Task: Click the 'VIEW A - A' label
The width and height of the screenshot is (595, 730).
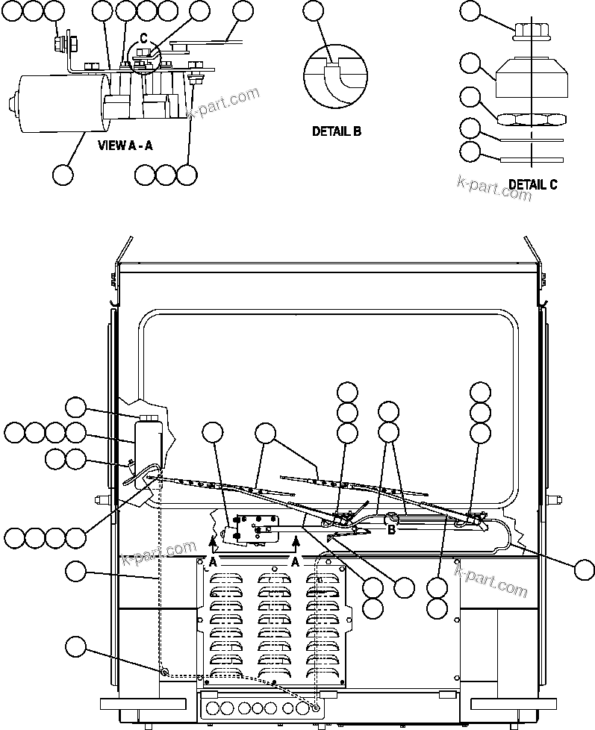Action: (125, 146)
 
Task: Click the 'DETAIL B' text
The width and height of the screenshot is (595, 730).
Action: (336, 131)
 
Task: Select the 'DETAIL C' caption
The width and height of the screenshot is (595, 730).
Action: (532, 184)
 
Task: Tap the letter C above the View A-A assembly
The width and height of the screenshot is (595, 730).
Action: (143, 39)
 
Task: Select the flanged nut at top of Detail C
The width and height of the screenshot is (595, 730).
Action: (529, 31)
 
